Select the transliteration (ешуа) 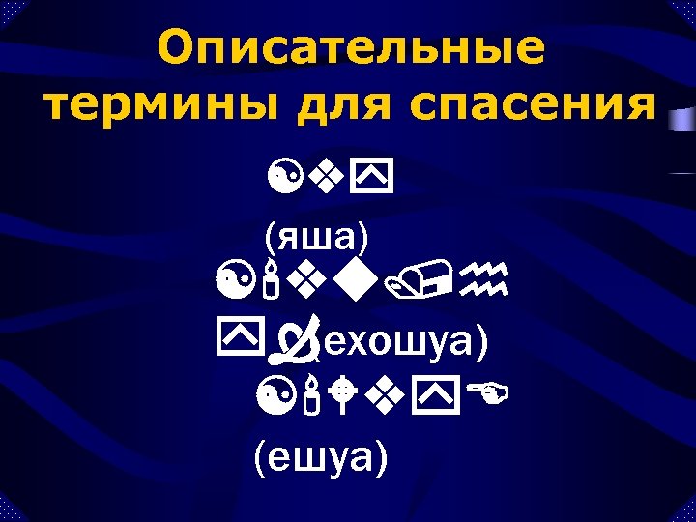pos(320,453)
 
